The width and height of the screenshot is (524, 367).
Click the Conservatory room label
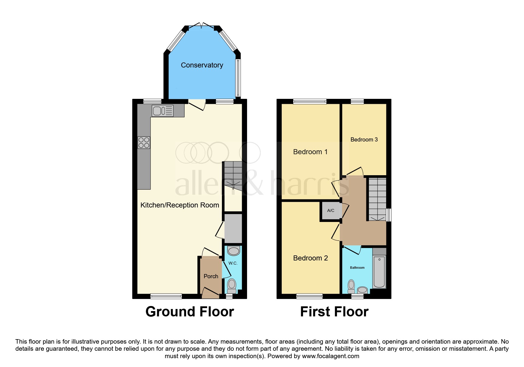(202, 65)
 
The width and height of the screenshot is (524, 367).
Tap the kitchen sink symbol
(162, 111)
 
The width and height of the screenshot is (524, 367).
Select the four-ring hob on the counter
(144, 142)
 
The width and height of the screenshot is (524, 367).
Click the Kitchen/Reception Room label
(180, 205)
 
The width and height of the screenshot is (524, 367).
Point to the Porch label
(211, 276)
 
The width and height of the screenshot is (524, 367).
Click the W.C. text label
(233, 263)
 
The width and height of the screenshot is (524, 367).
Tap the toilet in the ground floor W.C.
(232, 286)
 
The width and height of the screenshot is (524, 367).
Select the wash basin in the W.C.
(234, 251)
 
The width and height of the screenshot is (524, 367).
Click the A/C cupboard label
(331, 210)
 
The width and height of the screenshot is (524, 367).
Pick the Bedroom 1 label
(310, 152)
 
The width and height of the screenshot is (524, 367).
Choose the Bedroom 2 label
(310, 258)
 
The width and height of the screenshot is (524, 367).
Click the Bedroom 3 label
(364, 140)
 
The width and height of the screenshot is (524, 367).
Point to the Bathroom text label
(357, 268)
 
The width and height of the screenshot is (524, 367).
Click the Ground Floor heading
(190, 312)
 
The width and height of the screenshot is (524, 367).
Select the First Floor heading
(334, 312)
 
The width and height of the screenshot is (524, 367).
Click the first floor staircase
(378, 199)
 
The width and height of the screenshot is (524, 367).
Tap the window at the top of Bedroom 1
(310, 102)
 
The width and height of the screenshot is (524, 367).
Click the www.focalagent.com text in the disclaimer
(330, 356)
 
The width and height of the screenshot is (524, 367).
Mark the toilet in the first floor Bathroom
(351, 286)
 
